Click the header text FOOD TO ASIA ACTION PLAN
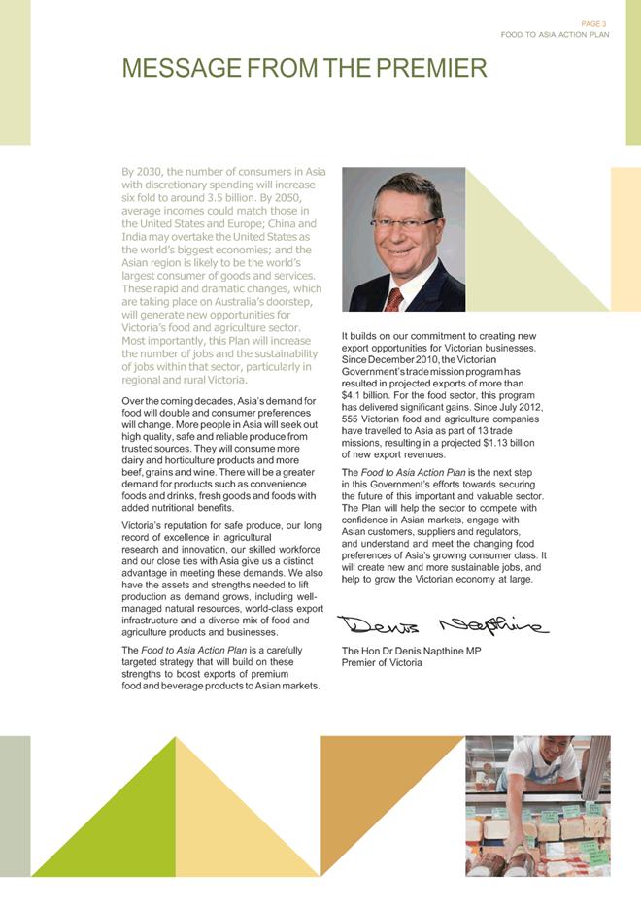(555, 35)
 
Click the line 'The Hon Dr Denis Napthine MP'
(411, 650)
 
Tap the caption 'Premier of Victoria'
(382, 662)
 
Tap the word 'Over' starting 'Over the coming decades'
(133, 401)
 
